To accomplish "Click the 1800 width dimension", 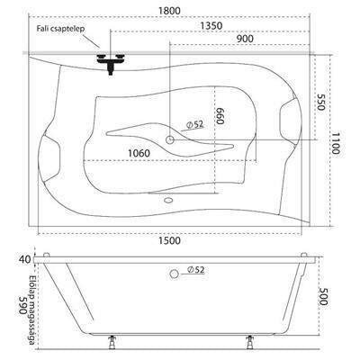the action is click(x=169, y=11).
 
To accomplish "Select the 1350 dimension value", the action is click(x=211, y=26).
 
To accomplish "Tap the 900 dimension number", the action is click(x=245, y=39).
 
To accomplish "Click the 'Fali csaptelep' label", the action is click(x=61, y=29).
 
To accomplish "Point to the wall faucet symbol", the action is click(x=111, y=63).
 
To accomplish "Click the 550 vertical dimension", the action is click(x=321, y=102).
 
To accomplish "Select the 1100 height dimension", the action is click(x=336, y=142).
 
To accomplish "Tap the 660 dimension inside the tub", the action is click(x=220, y=116).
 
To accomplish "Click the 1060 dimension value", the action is click(x=139, y=153).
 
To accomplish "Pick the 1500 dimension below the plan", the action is click(x=169, y=240).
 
